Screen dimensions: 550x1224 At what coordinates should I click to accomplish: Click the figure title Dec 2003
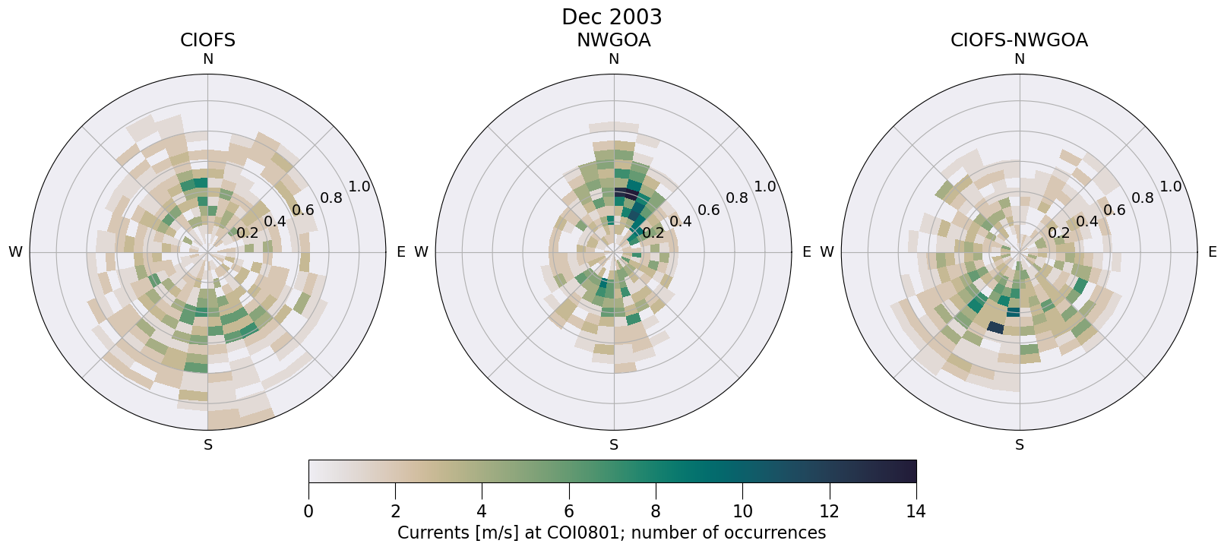(612, 17)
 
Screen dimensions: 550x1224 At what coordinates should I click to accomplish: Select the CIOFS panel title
(207, 40)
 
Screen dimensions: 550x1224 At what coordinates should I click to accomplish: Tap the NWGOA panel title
(613, 40)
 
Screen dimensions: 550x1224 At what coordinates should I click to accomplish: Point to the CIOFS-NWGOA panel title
(1019, 40)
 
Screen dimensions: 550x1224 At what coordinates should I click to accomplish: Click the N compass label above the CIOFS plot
(207, 59)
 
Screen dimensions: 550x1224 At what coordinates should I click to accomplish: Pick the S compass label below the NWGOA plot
(614, 445)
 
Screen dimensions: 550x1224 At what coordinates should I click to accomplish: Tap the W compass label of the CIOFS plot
(15, 252)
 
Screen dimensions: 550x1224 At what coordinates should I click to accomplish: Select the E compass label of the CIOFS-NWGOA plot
(1213, 252)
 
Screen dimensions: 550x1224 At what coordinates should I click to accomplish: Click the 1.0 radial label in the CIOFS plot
(359, 187)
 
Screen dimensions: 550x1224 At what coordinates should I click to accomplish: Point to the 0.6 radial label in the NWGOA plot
(709, 210)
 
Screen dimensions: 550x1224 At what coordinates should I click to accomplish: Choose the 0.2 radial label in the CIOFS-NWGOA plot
(1059, 232)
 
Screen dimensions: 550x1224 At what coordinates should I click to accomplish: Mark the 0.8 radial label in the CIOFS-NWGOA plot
(1143, 198)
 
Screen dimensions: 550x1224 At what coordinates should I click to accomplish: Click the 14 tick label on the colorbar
(916, 511)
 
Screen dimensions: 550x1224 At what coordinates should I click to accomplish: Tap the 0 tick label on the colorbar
(308, 511)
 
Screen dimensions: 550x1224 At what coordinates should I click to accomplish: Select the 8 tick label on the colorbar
(656, 511)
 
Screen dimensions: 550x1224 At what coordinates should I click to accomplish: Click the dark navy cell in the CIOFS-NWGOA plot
(995, 327)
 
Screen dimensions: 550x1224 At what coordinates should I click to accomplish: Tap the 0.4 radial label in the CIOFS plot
(275, 221)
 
